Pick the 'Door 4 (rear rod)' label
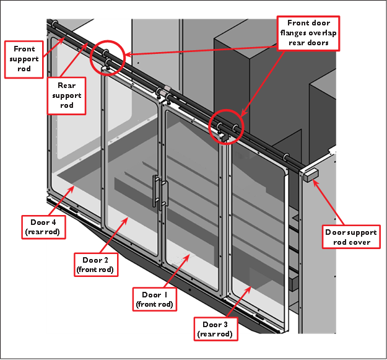[39, 226]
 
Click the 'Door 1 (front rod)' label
[154, 299]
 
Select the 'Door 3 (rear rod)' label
[215, 329]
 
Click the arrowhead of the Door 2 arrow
[129, 217]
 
